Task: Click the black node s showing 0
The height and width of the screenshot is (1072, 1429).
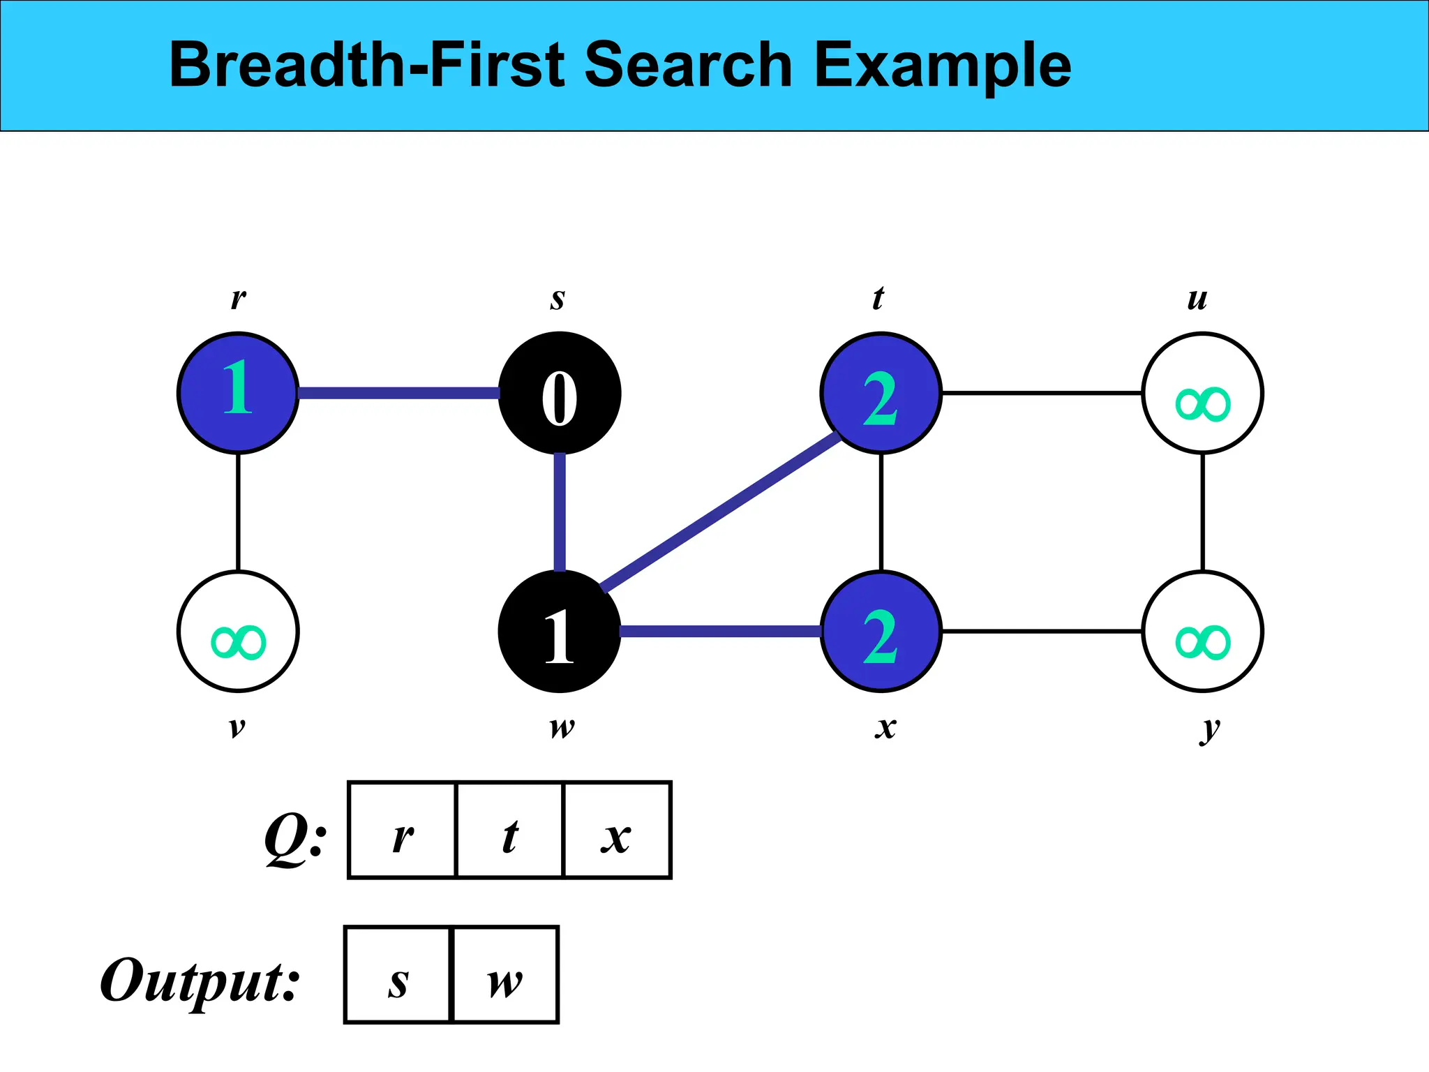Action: [x=560, y=394]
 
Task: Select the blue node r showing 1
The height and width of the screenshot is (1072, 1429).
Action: [x=238, y=394]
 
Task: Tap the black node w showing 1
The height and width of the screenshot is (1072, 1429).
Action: [x=560, y=632]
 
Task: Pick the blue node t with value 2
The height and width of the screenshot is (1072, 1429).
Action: [x=881, y=394]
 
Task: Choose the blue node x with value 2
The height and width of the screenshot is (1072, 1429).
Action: [x=881, y=632]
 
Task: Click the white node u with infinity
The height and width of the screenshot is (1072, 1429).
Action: [x=1203, y=394]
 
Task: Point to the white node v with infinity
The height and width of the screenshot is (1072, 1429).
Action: [x=238, y=632]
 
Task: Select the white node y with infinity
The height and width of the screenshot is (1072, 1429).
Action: [x=1203, y=632]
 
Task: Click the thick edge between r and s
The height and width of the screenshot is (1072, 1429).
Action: [x=398, y=394]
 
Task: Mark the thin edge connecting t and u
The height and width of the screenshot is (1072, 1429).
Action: [x=1042, y=394]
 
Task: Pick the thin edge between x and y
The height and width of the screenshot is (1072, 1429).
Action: [x=1042, y=632]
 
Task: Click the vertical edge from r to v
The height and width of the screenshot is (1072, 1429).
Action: [x=238, y=512]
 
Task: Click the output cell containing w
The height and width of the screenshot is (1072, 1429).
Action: [x=506, y=975]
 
